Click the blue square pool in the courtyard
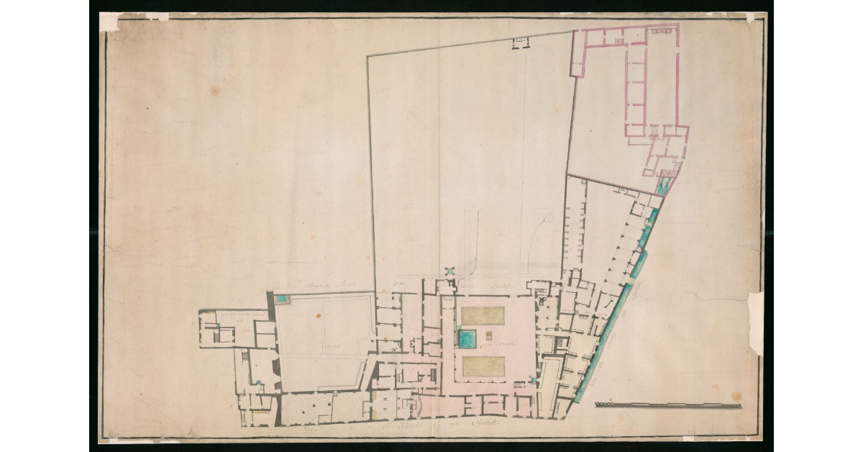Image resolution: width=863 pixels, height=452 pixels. [467, 338]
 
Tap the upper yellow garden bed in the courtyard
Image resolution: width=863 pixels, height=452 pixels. [483, 315]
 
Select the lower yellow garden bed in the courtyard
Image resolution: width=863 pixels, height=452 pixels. [483, 366]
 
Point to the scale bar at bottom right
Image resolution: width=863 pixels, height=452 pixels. [668, 406]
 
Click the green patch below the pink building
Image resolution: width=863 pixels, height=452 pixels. [662, 187]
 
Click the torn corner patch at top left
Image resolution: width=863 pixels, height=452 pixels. [109, 22]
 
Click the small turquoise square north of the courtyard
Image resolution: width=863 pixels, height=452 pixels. [449, 271]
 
